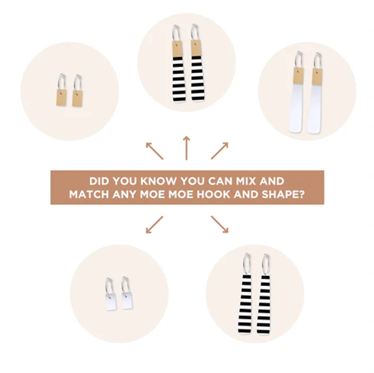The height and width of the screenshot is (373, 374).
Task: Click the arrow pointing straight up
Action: pos(187,148)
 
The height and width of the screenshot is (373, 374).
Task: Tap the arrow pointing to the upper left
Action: pos(155,151)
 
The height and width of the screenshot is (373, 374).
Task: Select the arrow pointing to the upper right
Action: pos(219,151)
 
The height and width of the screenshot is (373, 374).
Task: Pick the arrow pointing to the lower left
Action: pos(155,224)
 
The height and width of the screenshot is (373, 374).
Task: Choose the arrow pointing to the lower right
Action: pos(219,224)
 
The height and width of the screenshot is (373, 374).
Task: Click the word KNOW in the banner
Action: pos(158,181)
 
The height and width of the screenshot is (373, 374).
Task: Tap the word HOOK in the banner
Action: pos(213,195)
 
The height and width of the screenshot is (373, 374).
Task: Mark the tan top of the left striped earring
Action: pos(177,49)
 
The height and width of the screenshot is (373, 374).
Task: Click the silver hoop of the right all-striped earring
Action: pos(266,264)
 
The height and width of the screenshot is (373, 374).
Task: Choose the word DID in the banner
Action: pos(100,181)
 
